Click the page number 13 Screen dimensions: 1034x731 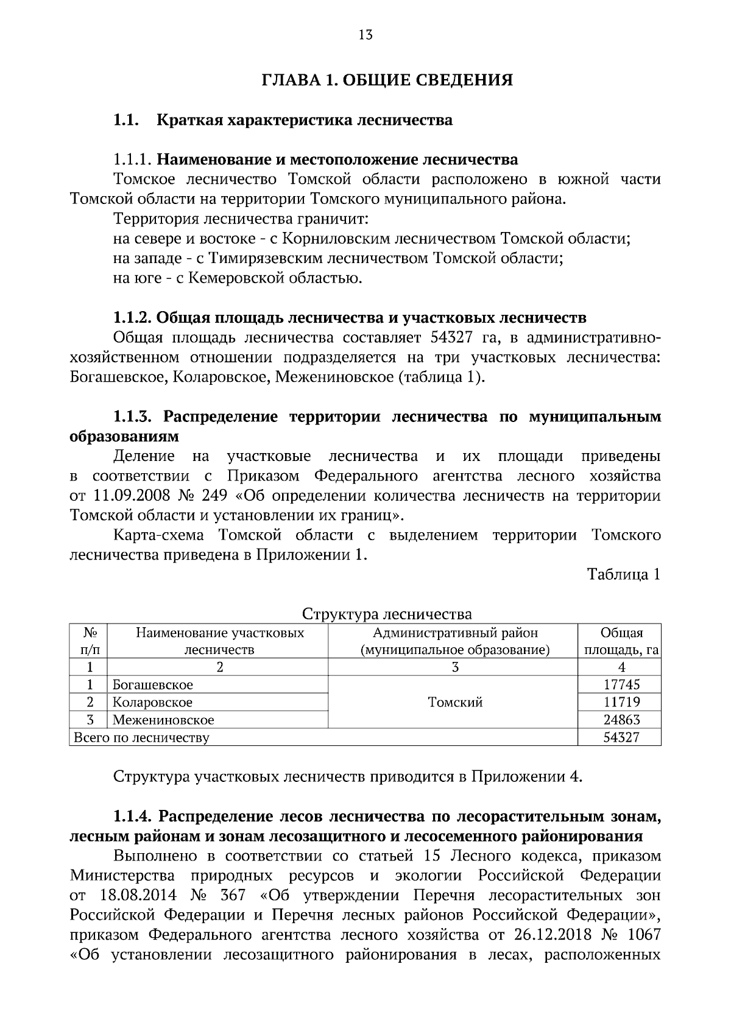click(x=365, y=35)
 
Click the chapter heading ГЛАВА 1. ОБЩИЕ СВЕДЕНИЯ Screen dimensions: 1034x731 click(x=387, y=80)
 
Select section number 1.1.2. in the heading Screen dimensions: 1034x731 click(x=133, y=318)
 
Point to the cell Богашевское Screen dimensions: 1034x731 click(x=152, y=684)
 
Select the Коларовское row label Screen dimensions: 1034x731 click(x=152, y=702)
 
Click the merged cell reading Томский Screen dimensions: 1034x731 click(x=455, y=702)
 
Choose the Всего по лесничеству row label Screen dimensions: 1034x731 click(x=141, y=738)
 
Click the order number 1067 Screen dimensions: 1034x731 click(x=644, y=934)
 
